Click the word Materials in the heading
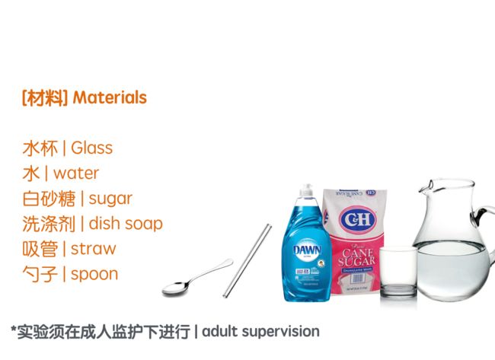click(110, 97)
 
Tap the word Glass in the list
click(91, 148)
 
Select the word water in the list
click(76, 174)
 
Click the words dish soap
click(126, 224)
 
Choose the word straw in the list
click(94, 249)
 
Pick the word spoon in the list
click(94, 275)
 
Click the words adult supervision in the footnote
click(260, 332)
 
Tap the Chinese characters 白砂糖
click(49, 199)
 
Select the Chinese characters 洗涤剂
click(49, 224)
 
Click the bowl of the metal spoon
click(175, 288)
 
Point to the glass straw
click(247, 260)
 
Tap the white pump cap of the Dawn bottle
click(306, 190)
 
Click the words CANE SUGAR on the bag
click(356, 256)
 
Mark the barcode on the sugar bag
click(357, 279)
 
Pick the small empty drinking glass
click(398, 272)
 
